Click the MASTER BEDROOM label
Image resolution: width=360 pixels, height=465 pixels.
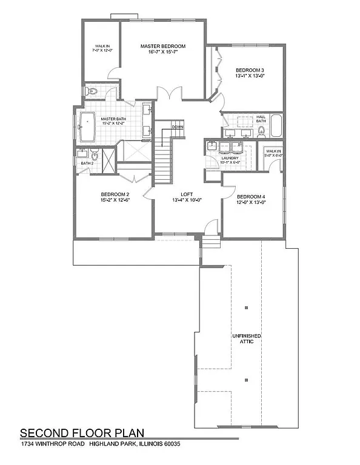(162, 46)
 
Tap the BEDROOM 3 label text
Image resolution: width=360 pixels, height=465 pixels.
(250, 70)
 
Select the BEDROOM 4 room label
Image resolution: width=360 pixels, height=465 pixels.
(250, 197)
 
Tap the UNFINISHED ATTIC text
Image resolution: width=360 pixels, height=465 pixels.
(246, 338)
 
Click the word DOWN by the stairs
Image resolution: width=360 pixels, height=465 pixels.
(177, 127)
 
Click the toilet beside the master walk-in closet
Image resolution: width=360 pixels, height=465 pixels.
(91, 91)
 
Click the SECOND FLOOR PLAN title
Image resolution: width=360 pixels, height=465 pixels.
(82, 433)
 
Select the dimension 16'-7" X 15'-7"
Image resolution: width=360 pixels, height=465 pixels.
(162, 53)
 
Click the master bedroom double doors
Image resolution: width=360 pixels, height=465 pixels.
(167, 94)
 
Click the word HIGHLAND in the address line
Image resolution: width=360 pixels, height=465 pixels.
(105, 444)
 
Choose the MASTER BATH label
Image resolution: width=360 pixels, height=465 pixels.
(113, 119)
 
